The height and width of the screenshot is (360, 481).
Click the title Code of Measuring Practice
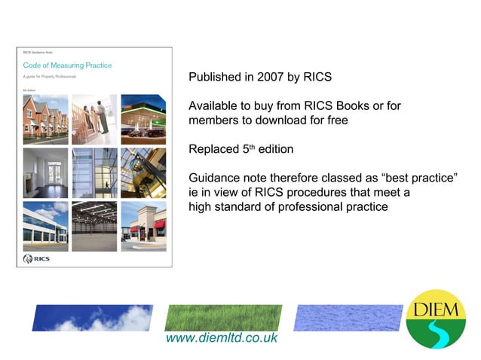[x=67, y=66]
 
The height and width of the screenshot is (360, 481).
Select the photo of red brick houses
[x=45, y=119]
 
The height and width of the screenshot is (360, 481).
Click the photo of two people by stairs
[x=94, y=119]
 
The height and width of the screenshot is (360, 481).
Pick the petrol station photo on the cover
[x=143, y=119]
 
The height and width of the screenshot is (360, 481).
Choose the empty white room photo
[x=45, y=172]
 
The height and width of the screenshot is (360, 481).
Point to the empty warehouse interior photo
[x=94, y=226]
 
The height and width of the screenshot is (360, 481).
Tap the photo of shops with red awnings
[x=143, y=226]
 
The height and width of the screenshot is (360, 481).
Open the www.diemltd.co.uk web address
[x=221, y=338]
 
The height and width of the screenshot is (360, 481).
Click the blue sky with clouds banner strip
[x=92, y=318]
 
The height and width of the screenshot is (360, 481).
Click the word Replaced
[x=214, y=149]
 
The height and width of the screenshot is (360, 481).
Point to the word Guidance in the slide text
[x=217, y=178]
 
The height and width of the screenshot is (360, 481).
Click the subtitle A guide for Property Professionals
[x=50, y=78]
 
